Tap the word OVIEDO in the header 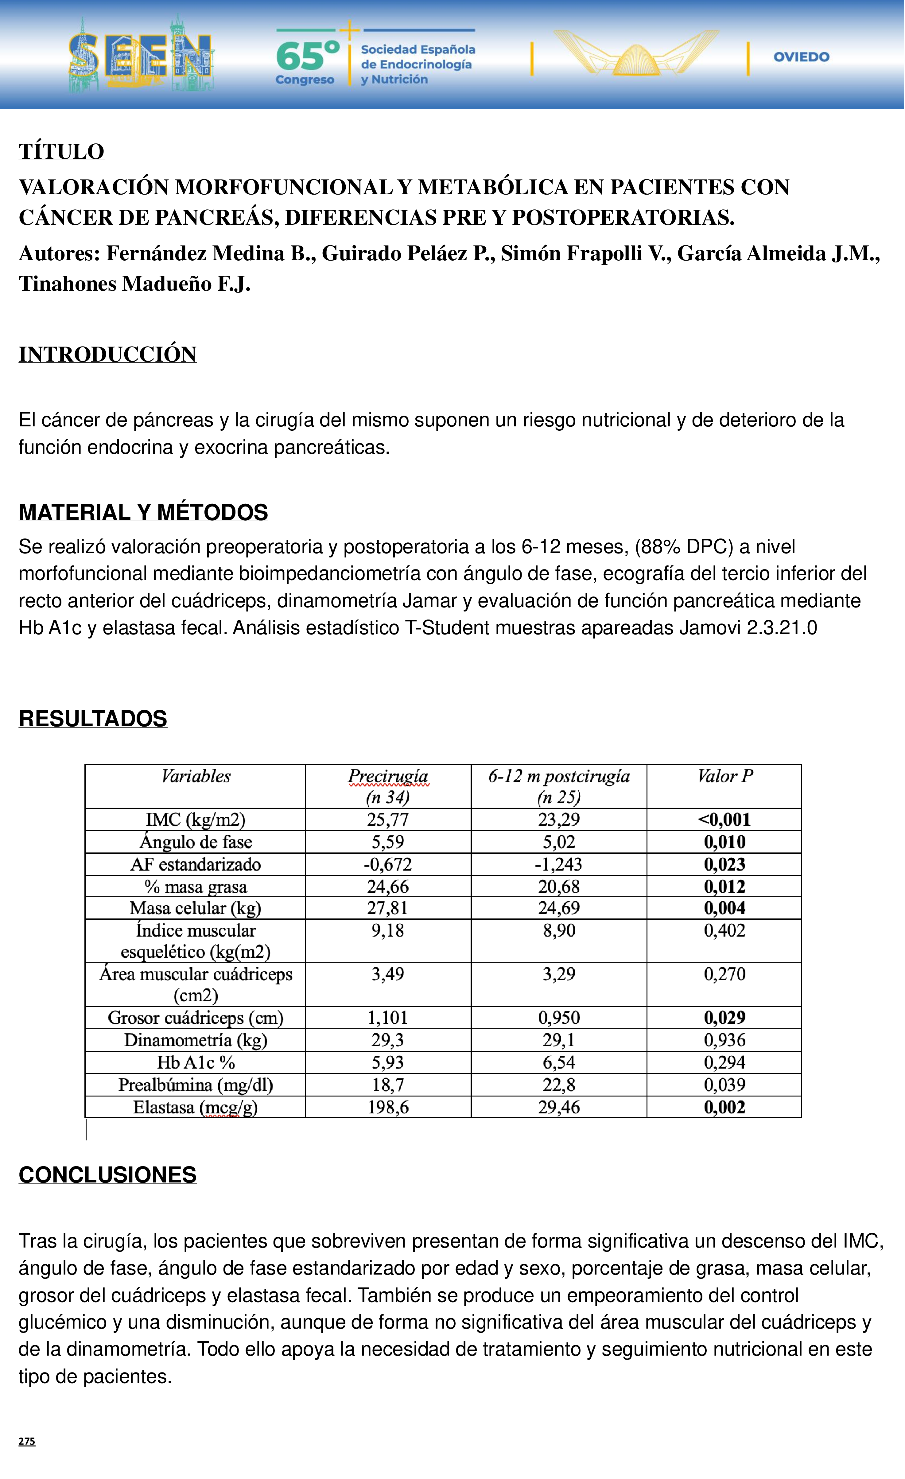tap(801, 57)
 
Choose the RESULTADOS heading tap(93, 719)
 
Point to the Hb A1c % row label tap(196, 1062)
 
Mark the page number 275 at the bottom tap(27, 1441)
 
